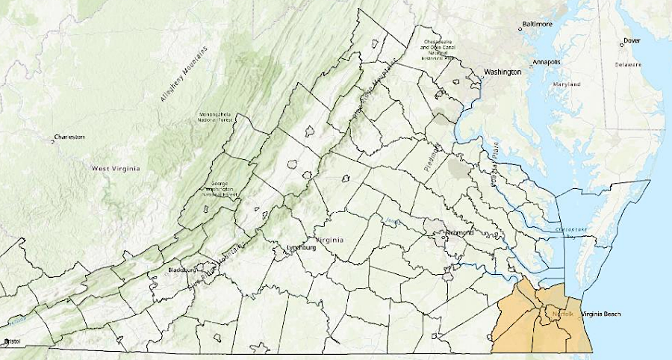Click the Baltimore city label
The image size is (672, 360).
pos(538,24)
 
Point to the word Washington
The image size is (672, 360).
pos(503,72)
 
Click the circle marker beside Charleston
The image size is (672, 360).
pos(53,141)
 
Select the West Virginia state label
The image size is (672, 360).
pos(115,169)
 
